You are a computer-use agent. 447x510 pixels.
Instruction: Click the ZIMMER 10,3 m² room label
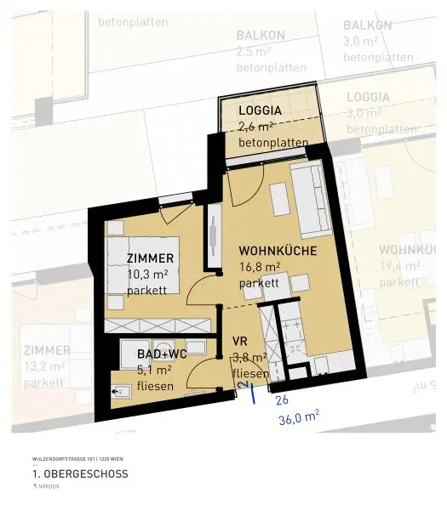click(x=151, y=258)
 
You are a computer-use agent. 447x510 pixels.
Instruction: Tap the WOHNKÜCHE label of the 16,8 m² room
click(x=278, y=251)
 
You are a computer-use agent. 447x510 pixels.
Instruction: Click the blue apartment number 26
click(x=282, y=399)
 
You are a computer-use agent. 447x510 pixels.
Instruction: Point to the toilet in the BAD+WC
click(x=122, y=390)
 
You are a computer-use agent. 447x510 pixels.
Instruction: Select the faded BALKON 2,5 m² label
click(x=258, y=51)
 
